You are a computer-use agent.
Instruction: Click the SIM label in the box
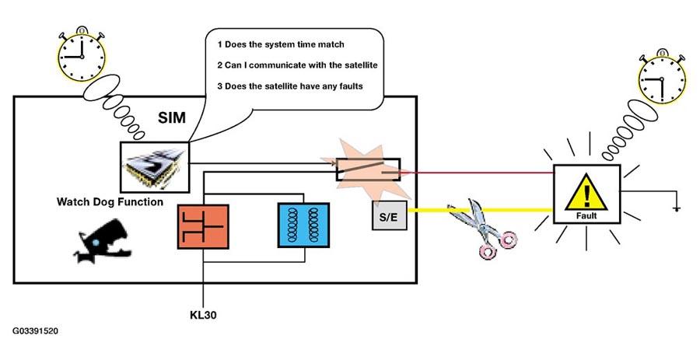click(171, 117)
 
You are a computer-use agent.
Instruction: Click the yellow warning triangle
click(586, 192)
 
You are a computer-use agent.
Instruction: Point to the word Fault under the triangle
click(586, 215)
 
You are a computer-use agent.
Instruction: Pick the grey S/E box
click(390, 215)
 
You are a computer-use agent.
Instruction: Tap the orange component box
click(203, 226)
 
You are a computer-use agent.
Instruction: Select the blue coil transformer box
click(303, 225)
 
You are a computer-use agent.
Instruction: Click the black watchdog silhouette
click(103, 241)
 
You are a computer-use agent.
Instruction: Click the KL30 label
click(203, 315)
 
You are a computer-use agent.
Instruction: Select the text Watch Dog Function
click(110, 202)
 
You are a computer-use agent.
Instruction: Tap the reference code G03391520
click(35, 331)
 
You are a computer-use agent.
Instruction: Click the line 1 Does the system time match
click(281, 44)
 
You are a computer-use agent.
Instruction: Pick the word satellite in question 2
click(361, 65)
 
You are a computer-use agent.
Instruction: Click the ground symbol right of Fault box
click(677, 208)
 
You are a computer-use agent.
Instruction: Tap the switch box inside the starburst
click(369, 170)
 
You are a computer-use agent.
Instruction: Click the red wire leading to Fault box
click(477, 172)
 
